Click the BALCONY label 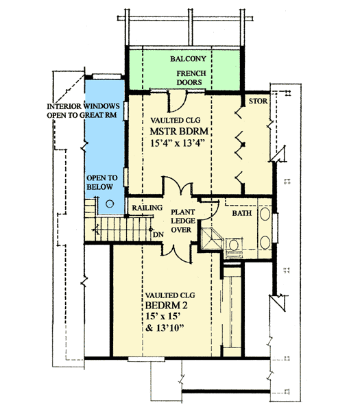click(184, 60)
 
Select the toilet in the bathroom click(234, 245)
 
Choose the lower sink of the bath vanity click(265, 240)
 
